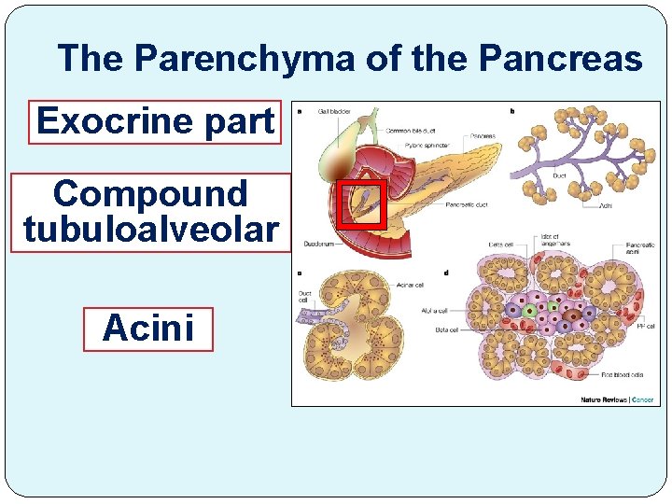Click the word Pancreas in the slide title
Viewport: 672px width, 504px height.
tap(560, 59)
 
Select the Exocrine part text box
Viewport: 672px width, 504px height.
tap(155, 121)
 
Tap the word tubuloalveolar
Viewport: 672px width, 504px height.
tap(151, 230)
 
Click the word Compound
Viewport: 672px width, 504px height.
tap(151, 194)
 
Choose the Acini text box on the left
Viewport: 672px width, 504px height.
tap(148, 329)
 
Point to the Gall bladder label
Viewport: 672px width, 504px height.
tap(334, 111)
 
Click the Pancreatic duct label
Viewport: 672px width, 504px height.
tap(468, 204)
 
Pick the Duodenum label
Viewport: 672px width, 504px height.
tap(318, 245)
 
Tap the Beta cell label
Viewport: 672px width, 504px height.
tap(445, 329)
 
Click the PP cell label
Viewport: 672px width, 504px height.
tap(644, 326)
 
